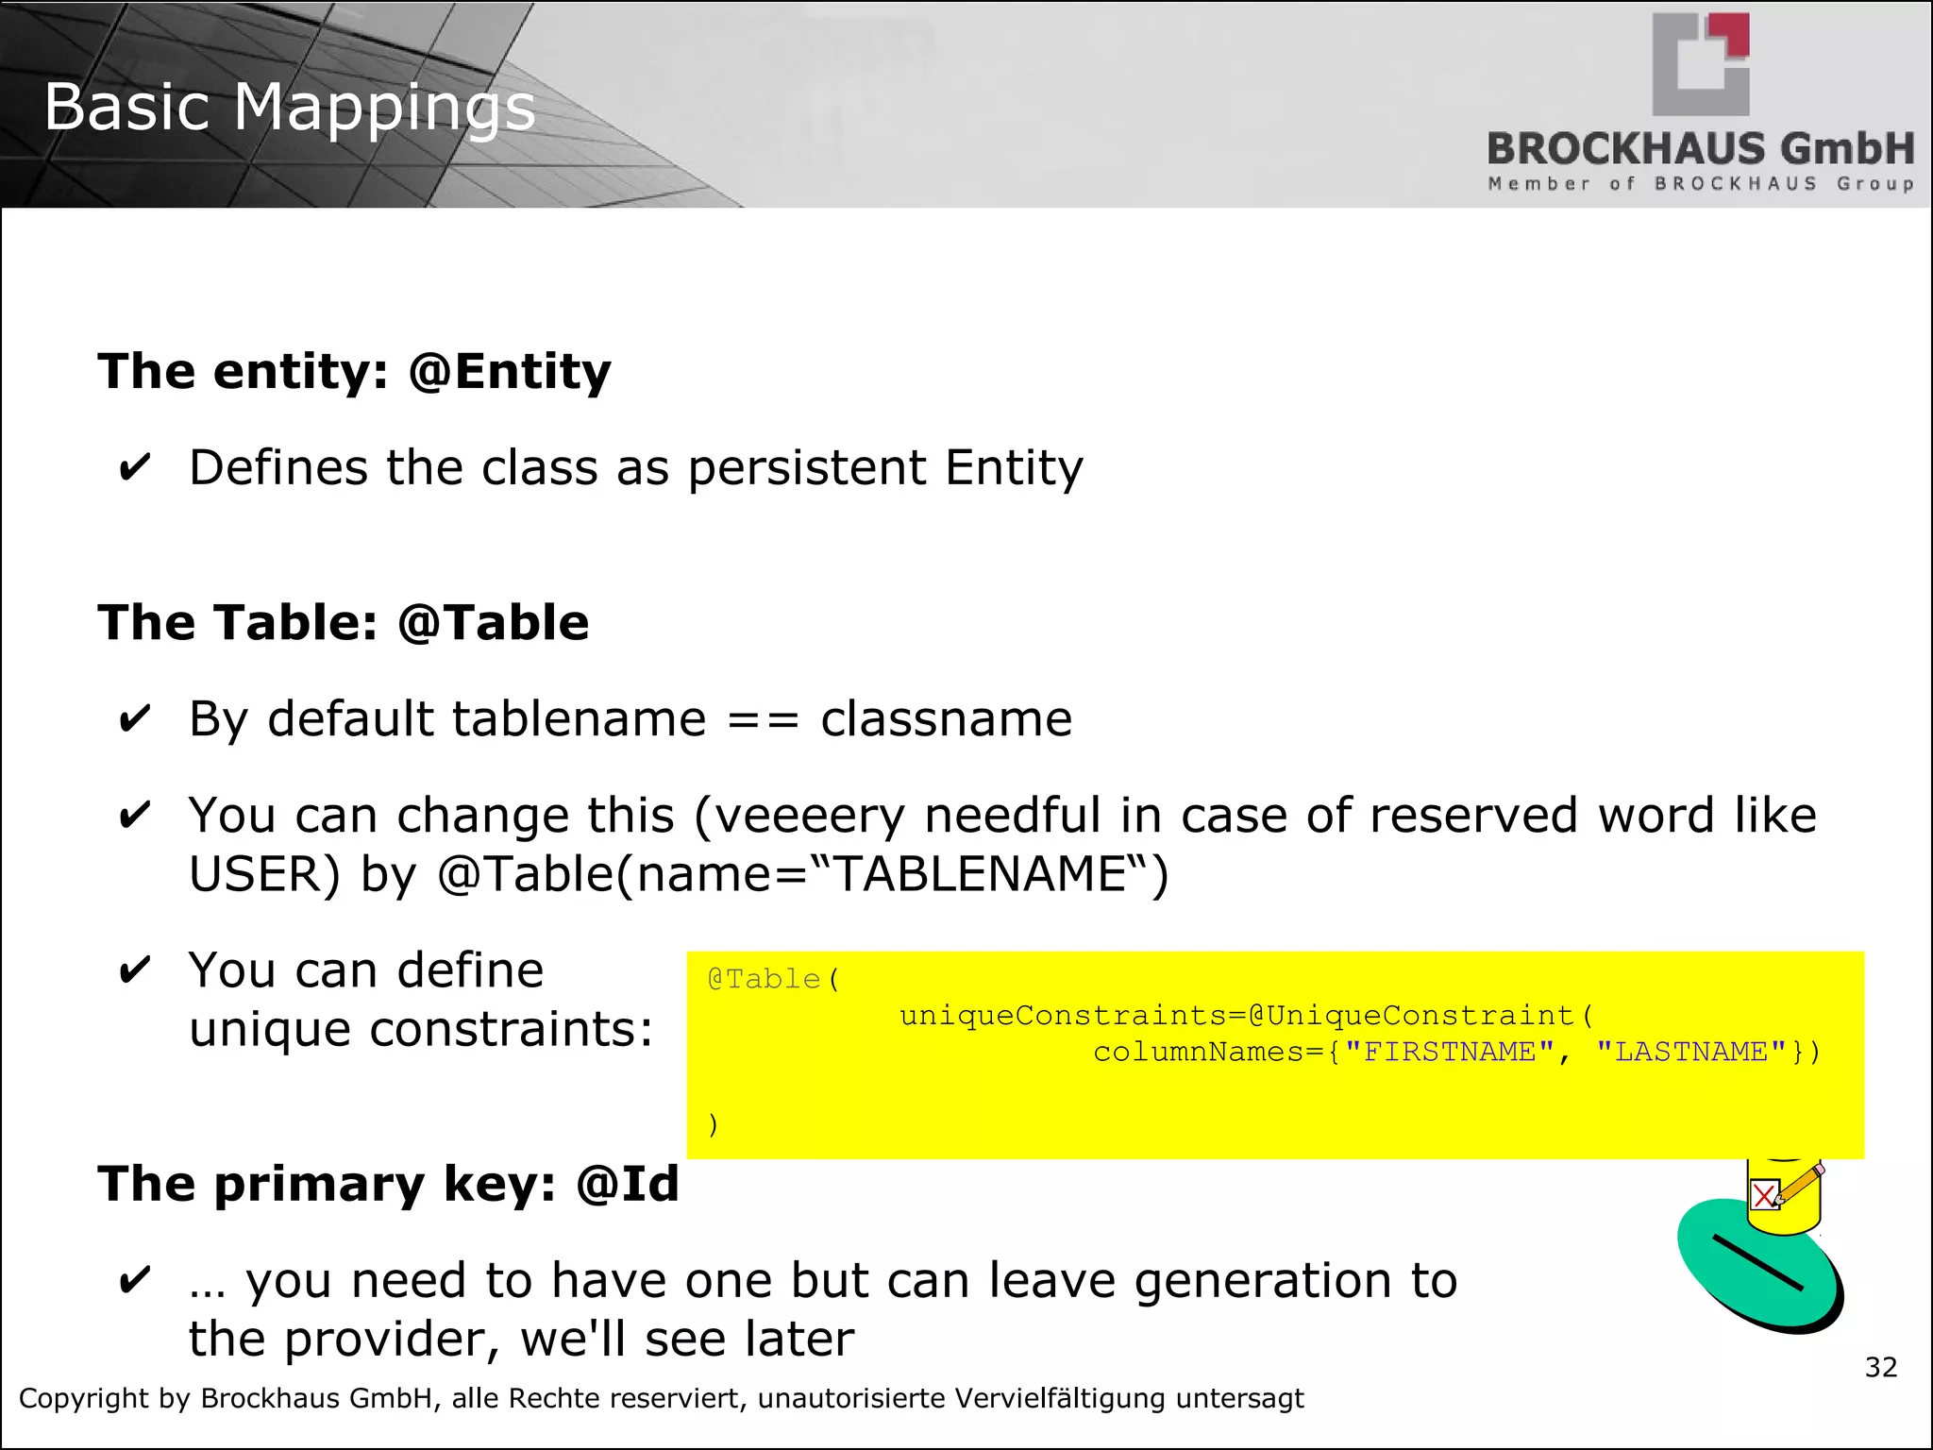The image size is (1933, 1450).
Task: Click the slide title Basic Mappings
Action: (x=289, y=107)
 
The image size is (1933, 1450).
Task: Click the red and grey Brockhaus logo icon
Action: (x=1701, y=64)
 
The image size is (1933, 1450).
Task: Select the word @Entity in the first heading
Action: (x=510, y=371)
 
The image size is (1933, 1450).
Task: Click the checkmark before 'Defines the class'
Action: (x=134, y=468)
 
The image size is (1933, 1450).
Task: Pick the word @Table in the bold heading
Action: (x=493, y=623)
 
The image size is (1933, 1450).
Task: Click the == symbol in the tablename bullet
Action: (x=763, y=720)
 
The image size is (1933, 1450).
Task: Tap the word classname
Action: (x=946, y=720)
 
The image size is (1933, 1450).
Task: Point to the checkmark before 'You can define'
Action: (x=134, y=970)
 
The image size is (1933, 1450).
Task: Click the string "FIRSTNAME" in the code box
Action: (x=1450, y=1052)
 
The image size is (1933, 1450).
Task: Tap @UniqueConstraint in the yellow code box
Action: (x=1410, y=1016)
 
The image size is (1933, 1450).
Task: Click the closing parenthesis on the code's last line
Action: (x=714, y=1124)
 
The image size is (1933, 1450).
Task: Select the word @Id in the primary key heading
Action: (x=628, y=1184)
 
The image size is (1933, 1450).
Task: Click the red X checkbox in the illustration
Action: (x=1764, y=1196)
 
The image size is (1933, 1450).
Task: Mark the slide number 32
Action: (x=1880, y=1367)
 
